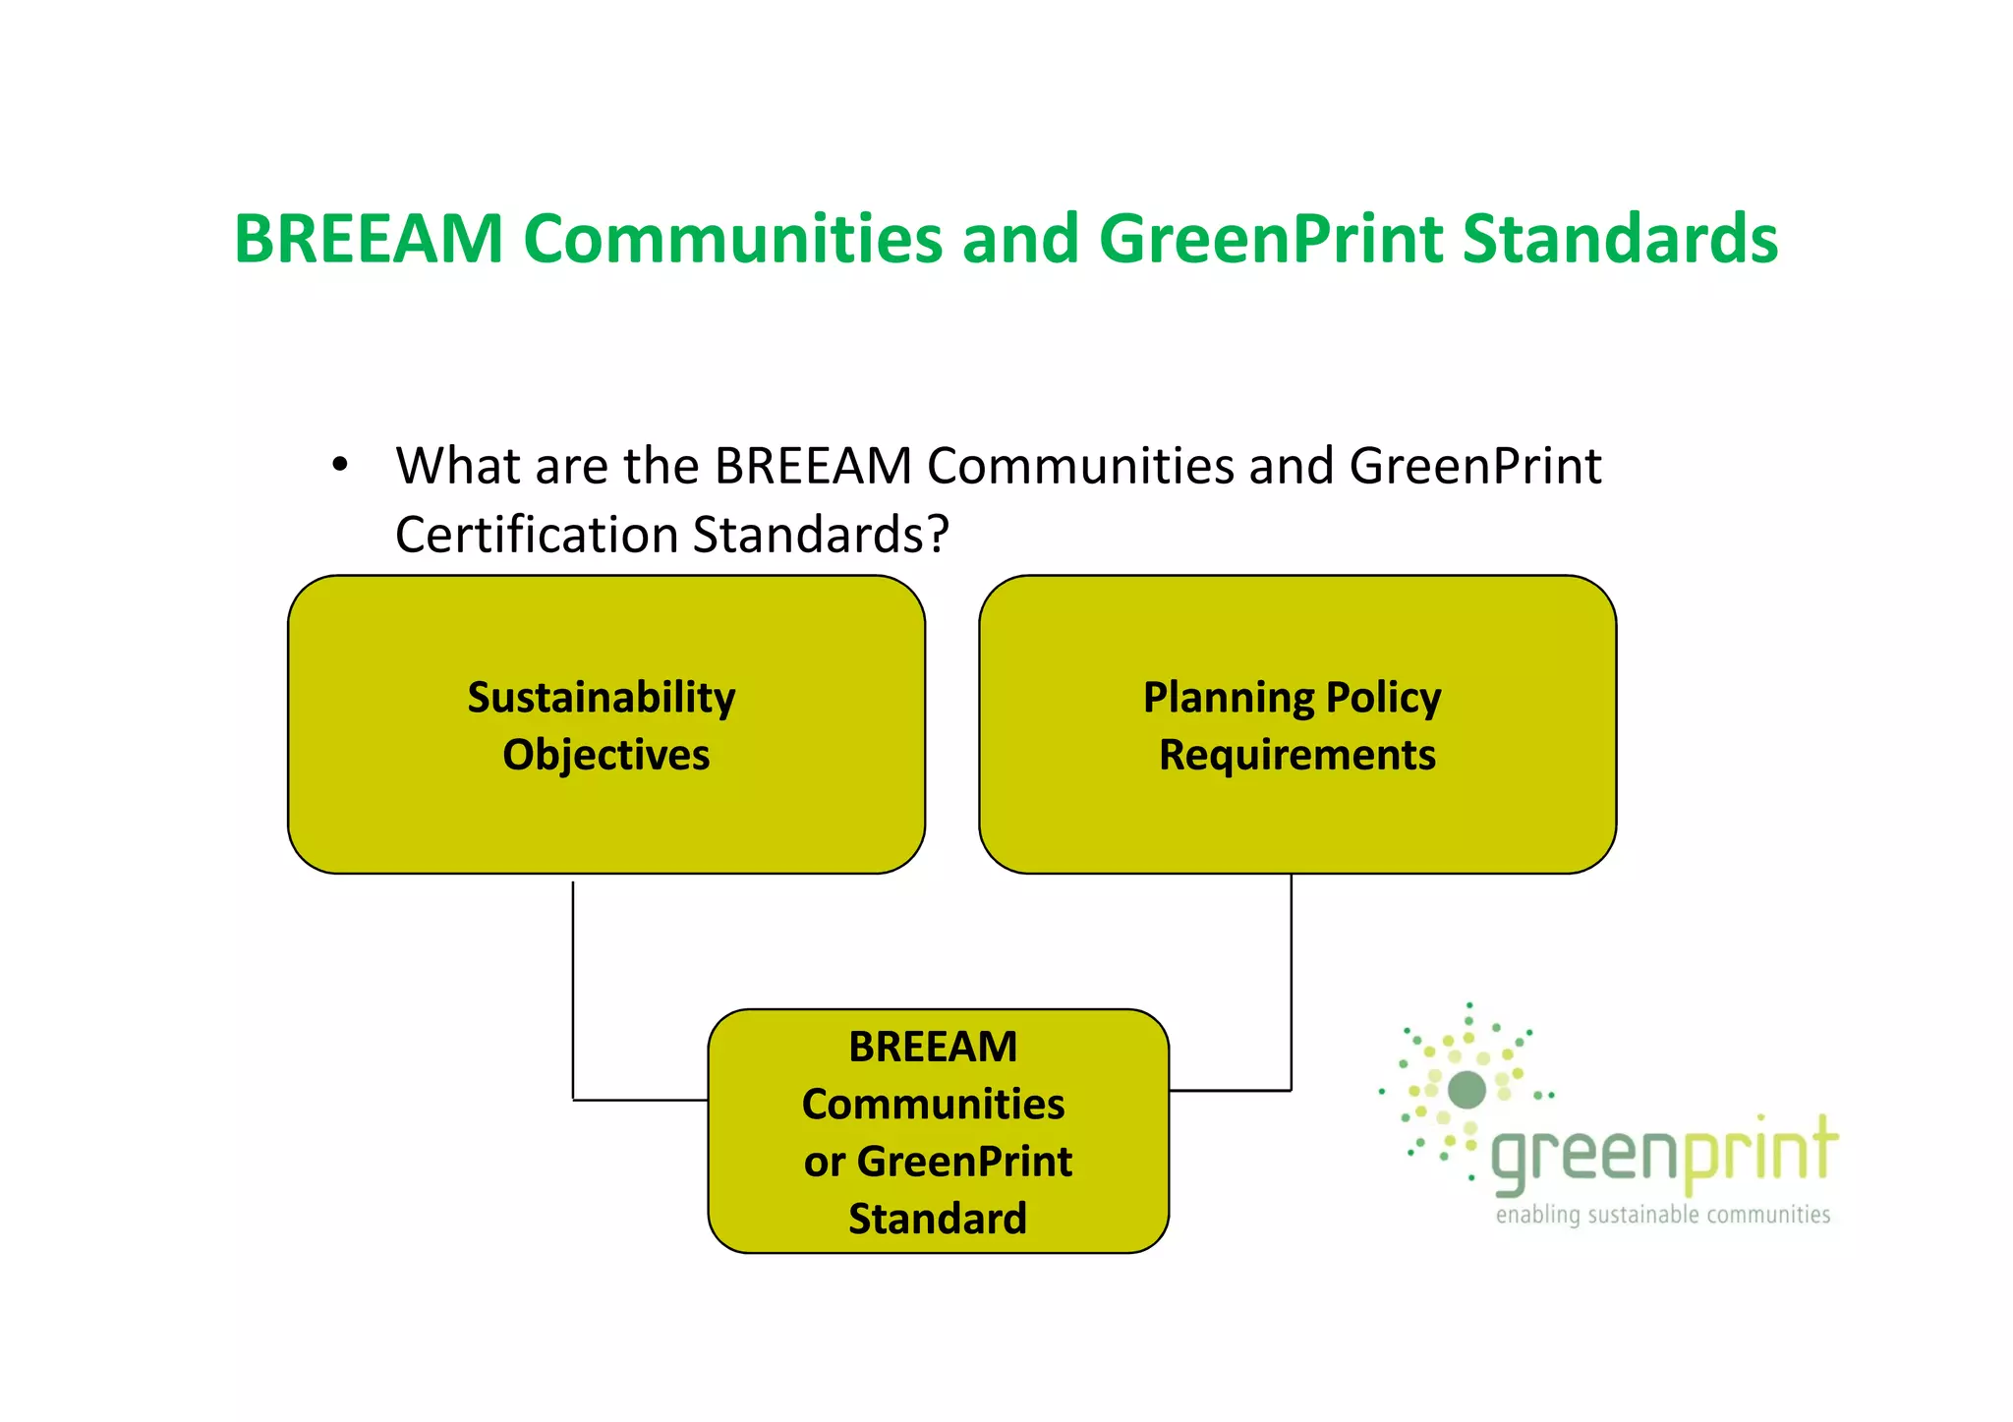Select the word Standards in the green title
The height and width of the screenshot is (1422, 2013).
coord(1620,239)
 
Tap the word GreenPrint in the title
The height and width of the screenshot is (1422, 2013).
coord(1270,239)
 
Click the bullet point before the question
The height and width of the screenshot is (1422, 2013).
coord(340,465)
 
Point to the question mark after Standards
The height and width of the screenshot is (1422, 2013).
coord(938,536)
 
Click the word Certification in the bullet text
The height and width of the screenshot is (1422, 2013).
coord(537,536)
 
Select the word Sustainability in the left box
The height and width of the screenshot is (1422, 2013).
coord(601,698)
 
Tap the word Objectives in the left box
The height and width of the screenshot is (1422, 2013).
coord(605,755)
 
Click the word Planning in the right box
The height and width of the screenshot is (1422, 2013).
coord(1228,698)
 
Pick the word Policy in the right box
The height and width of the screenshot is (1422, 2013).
coord(1383,698)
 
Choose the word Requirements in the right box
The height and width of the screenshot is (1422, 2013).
coord(1296,755)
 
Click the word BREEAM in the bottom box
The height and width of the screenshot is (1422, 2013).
coord(933,1047)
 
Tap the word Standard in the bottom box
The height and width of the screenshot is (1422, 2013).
coord(938,1219)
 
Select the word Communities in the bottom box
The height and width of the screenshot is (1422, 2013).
coord(933,1104)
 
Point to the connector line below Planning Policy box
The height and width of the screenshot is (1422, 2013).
coord(1291,983)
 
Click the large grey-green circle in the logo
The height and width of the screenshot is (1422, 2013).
coord(1467,1089)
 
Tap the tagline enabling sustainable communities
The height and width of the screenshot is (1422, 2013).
coord(1662,1216)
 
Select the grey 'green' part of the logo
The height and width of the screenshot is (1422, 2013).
coord(1585,1158)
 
